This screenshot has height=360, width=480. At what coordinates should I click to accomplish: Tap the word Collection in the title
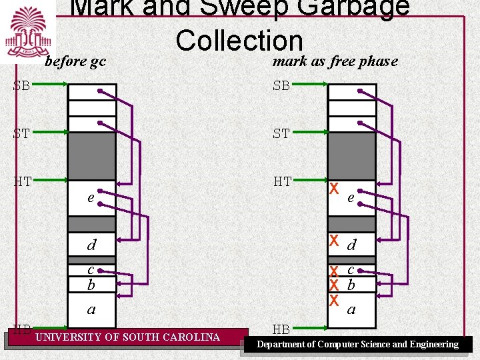point(239,41)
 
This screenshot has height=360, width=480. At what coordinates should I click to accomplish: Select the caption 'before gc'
point(75,61)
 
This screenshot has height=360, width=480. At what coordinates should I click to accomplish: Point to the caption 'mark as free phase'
point(335,61)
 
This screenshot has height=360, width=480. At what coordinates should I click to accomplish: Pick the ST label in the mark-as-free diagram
point(281,133)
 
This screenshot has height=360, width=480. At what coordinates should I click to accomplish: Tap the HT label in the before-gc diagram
point(23,181)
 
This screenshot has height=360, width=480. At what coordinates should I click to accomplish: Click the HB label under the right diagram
point(281,329)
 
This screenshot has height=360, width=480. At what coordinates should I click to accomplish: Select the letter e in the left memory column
point(90,198)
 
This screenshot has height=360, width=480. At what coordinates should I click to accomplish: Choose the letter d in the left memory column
point(91,245)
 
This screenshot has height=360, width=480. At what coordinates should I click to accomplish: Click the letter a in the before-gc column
point(91,309)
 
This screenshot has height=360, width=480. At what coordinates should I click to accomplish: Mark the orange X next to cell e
point(335,189)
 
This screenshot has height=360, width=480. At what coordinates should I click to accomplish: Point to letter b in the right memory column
point(351,285)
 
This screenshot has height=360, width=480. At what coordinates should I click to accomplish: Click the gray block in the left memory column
point(92,156)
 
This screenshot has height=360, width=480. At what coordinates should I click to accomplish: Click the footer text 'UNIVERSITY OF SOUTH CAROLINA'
point(127,337)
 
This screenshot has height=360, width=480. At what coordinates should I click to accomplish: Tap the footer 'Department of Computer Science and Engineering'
point(358,345)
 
